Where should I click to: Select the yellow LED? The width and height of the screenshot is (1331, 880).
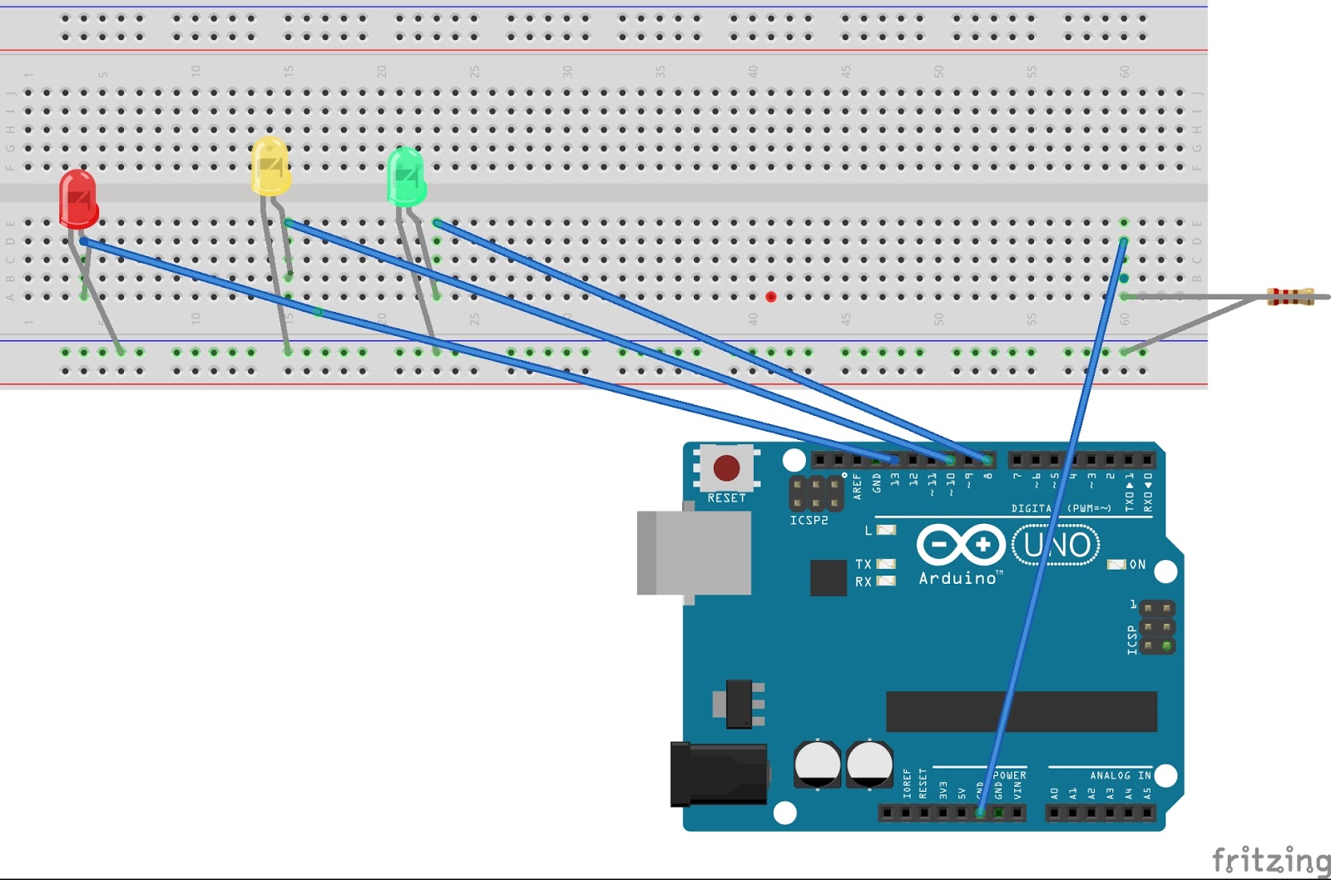coord(270,167)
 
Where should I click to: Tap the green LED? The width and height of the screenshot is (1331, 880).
coord(406,177)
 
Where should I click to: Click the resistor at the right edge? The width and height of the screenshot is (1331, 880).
coord(1289,296)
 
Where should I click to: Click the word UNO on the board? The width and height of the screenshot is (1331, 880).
coord(1056,546)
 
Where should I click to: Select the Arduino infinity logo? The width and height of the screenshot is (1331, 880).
coord(961,545)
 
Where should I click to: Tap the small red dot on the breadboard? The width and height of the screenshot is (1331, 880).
coord(771,297)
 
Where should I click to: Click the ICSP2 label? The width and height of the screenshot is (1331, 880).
coord(809,521)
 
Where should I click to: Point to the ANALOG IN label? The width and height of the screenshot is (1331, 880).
coord(1121,775)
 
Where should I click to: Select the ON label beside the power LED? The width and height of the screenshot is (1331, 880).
coord(1137,565)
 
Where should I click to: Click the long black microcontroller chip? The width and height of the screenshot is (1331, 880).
coord(1022,711)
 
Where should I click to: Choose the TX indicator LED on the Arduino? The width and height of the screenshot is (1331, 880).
coord(886,564)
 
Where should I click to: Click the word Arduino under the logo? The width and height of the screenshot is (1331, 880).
coord(957,578)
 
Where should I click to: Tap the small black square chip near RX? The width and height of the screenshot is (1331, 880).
coord(828,578)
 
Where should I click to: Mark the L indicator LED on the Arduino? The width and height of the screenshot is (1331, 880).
coord(887,530)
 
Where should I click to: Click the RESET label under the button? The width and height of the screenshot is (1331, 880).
coord(726,498)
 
